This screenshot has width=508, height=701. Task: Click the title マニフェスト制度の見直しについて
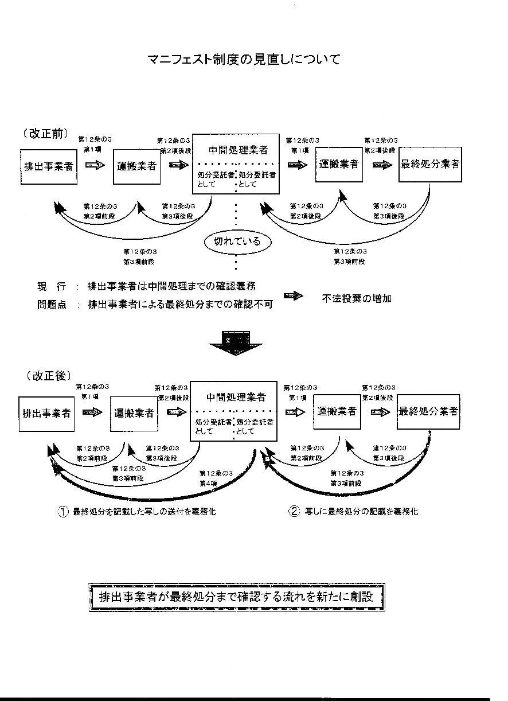[244, 59]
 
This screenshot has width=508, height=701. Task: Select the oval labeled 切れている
[237, 242]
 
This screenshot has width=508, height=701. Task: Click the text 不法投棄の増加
[357, 298]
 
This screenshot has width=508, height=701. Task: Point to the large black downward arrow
[236, 344]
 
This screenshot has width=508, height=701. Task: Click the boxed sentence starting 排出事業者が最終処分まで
[236, 597]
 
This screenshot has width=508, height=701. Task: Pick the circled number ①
[62, 512]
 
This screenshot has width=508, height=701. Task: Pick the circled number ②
[294, 512]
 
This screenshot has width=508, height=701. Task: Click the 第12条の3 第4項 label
[216, 478]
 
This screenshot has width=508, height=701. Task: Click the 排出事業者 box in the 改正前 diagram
[48, 166]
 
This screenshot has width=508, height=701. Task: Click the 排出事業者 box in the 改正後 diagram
[46, 413]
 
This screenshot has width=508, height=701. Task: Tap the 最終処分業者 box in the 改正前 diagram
[430, 164]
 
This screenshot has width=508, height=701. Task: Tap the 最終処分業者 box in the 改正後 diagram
[428, 411]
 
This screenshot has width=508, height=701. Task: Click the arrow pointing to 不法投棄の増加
[293, 297]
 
